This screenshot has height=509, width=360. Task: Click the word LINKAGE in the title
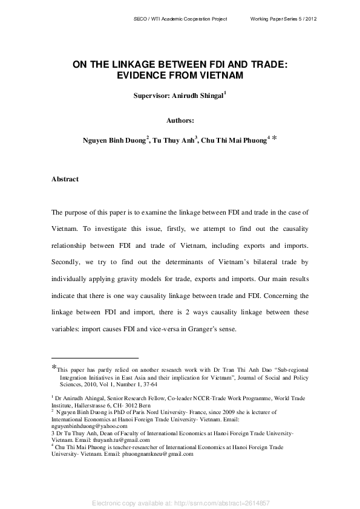click(135, 63)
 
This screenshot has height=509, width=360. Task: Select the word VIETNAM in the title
click(218, 75)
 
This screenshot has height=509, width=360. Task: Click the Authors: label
click(180, 120)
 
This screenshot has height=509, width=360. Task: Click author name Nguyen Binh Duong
click(114, 140)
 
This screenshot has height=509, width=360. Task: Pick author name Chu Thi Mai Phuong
click(234, 140)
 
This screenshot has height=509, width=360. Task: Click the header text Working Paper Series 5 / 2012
click(284, 19)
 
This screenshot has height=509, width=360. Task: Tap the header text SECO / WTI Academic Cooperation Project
click(180, 19)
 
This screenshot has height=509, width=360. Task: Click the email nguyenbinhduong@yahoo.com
click(85, 425)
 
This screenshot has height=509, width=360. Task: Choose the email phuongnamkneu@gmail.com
click(157, 453)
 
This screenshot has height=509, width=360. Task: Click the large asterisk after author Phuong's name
click(275, 139)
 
